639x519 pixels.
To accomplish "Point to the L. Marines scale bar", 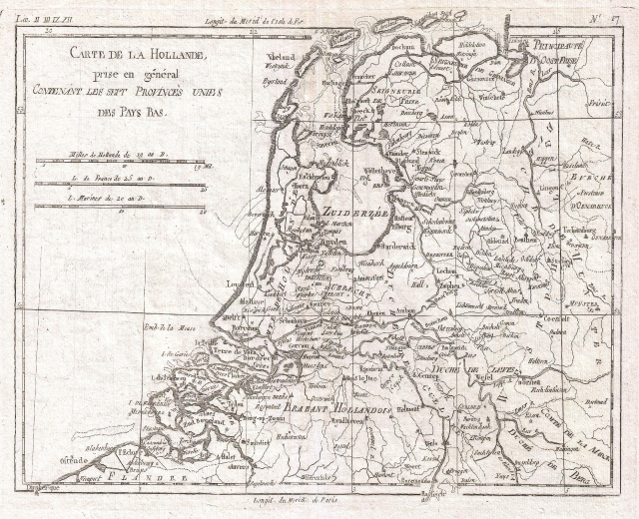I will tap(119, 207).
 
